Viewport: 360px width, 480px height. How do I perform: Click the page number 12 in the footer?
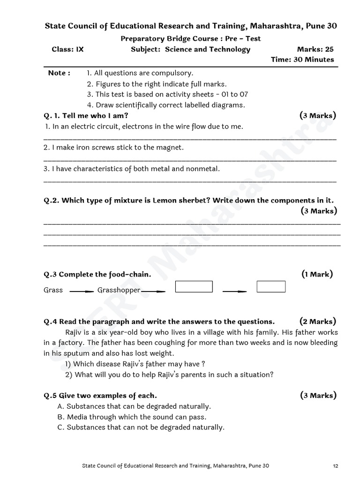[x=335, y=465]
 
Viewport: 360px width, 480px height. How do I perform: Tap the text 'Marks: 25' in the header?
[x=315, y=49]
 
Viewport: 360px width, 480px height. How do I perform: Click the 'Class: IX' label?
[x=67, y=49]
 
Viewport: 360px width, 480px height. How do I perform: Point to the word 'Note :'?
[x=60, y=73]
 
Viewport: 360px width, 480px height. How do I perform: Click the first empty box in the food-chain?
[x=194, y=286]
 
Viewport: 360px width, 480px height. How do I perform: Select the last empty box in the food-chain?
[x=271, y=286]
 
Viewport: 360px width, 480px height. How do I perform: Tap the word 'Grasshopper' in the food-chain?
[x=119, y=290]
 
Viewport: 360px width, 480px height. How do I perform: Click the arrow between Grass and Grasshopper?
[x=82, y=291]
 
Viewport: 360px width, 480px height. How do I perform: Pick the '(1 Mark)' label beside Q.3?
[x=317, y=274]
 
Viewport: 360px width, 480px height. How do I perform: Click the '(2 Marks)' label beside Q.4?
[x=317, y=322]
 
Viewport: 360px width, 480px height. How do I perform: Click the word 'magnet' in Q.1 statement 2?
[x=172, y=147]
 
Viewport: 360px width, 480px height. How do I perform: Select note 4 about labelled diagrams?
[x=165, y=105]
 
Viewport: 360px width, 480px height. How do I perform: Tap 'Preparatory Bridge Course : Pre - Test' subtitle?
[x=191, y=39]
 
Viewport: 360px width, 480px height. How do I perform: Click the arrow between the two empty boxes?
[x=234, y=291]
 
